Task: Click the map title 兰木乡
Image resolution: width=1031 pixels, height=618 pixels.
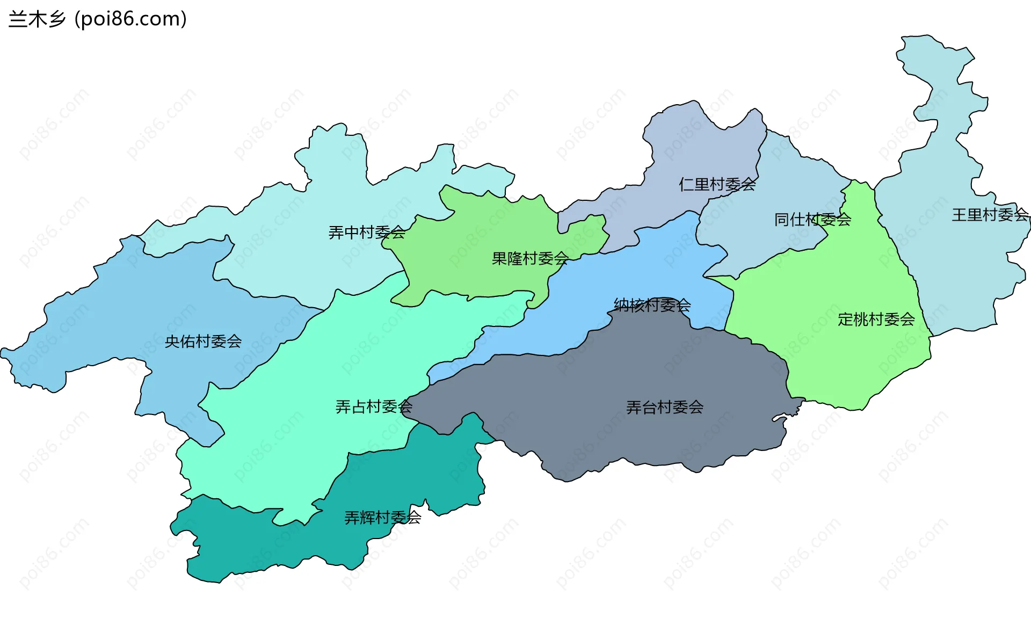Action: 37,19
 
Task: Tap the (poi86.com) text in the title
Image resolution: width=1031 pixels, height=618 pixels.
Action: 130,19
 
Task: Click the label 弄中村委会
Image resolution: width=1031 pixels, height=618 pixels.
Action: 367,232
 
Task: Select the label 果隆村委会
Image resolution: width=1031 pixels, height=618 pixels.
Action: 530,259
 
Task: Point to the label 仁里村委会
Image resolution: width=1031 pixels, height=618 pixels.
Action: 717,185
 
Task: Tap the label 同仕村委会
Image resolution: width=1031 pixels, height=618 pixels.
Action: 812,220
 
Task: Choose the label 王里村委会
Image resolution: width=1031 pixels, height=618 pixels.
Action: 990,215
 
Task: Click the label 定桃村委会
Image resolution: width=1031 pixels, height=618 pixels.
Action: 876,319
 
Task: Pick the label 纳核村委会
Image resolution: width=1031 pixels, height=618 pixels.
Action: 652,306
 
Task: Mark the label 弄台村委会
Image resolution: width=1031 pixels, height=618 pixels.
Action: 664,408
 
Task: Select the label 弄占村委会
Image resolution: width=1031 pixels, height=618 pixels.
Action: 374,407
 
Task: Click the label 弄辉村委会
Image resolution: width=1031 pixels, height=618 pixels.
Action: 382,518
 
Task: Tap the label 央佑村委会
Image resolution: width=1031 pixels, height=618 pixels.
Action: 203,341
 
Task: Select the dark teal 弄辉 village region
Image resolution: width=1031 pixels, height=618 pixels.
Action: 268,548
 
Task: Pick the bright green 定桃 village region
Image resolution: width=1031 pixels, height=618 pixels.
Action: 838,365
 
